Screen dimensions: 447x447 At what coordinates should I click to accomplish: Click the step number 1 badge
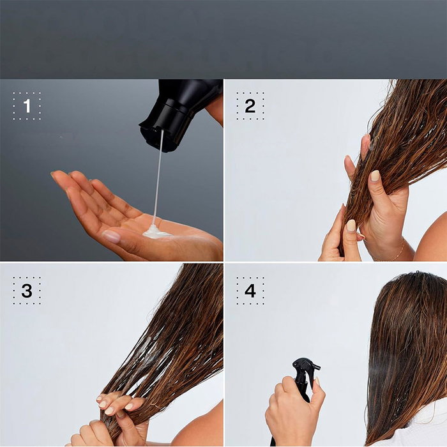point(27,106)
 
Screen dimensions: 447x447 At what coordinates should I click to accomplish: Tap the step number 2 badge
point(250,106)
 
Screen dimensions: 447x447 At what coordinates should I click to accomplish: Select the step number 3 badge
point(27,291)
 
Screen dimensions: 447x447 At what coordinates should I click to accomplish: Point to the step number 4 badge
point(250,291)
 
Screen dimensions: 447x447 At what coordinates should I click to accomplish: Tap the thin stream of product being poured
point(157,179)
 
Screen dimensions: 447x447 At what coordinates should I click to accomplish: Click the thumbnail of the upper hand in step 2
point(375,176)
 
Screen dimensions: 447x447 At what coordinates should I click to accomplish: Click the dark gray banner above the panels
point(223,38)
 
